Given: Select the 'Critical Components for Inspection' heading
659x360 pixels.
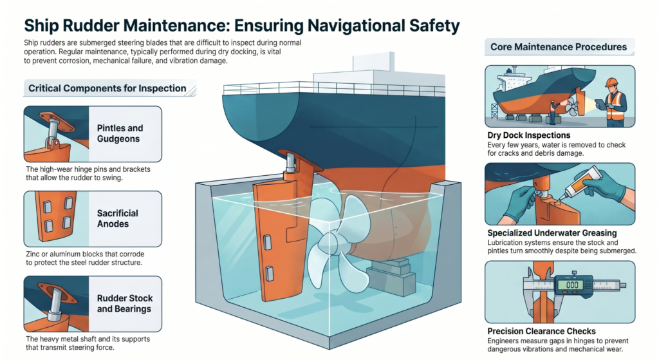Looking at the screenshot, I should (x=107, y=88).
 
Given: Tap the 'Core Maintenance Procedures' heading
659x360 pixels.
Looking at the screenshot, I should (x=558, y=47).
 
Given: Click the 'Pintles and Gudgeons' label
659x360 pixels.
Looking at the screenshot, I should (x=120, y=133).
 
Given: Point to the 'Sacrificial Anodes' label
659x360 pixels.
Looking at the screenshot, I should (x=117, y=218).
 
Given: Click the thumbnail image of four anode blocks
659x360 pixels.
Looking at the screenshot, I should (x=54, y=218).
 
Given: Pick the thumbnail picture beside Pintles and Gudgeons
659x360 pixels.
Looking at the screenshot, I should (x=54, y=133).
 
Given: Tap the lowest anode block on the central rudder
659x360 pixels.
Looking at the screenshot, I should (x=269, y=274).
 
